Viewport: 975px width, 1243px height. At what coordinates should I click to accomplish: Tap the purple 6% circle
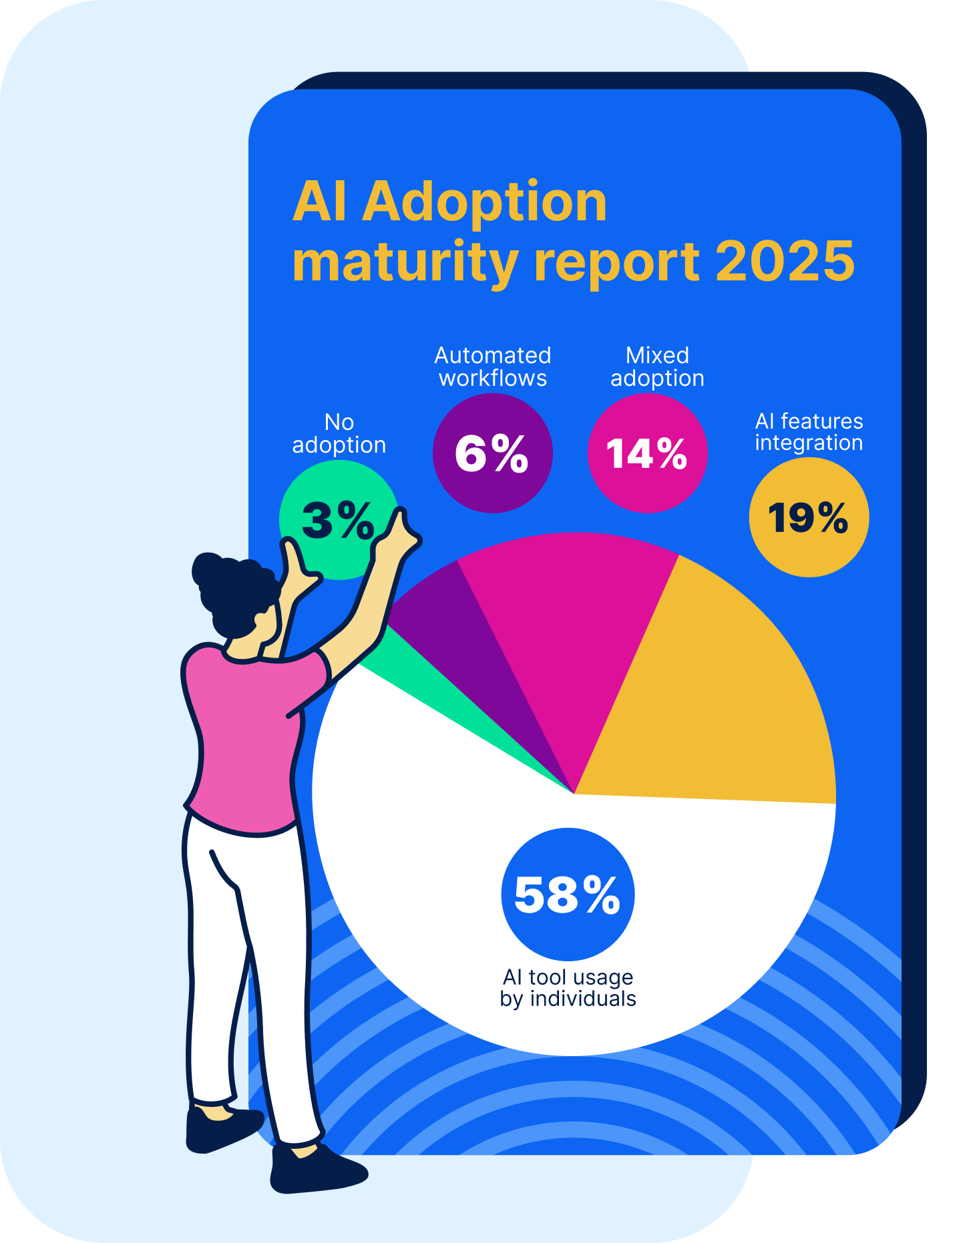492,453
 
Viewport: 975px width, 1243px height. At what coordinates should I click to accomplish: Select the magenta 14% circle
647,453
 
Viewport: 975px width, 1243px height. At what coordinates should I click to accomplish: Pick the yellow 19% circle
808,517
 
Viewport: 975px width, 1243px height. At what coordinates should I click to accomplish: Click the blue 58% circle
568,895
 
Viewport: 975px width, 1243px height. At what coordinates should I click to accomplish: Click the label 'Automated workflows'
493,366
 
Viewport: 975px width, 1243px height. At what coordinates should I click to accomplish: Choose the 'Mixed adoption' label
657,366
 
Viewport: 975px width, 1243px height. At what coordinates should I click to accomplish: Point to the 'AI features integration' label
809,432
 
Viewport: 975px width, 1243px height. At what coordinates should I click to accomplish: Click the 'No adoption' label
339,433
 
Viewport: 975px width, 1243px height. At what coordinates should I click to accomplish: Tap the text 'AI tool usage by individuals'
568,988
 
